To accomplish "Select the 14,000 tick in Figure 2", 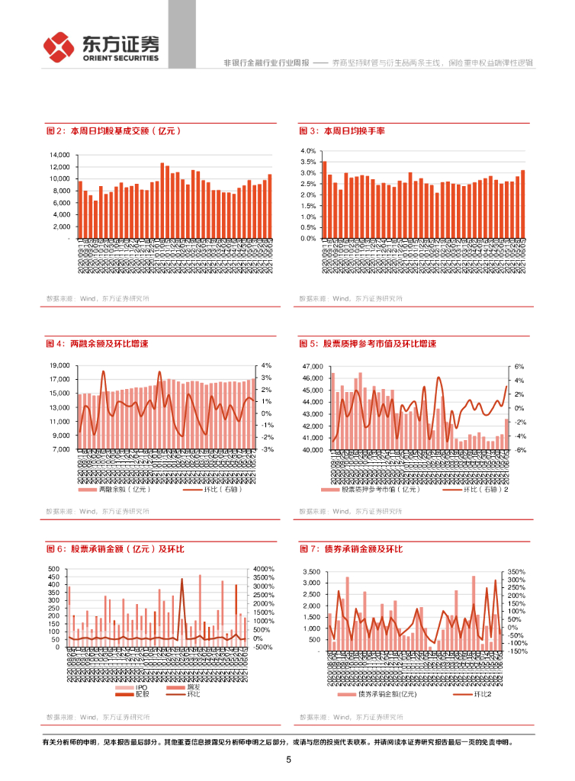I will coord(59,155).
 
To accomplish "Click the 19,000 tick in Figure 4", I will coord(59,366).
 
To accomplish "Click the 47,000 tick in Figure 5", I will coord(313,366).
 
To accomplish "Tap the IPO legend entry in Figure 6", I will coord(140,687).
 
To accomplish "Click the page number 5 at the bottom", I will coord(288,760).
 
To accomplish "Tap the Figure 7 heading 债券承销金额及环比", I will coord(351,549).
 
